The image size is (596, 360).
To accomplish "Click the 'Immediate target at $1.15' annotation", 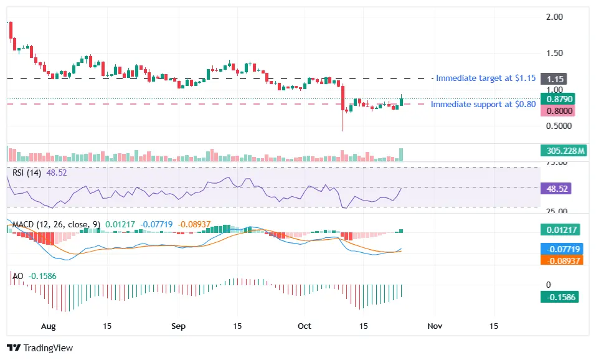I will click(485, 78).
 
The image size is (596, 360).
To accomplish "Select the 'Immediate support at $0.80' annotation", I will click(483, 104).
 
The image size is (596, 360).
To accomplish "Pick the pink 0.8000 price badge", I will click(557, 111).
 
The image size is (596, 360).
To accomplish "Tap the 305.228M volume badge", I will click(562, 151).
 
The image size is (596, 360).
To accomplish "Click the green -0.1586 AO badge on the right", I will click(559, 297).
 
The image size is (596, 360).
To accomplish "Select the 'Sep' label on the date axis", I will click(179, 326).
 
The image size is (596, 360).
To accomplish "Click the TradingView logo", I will click(40, 348).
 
